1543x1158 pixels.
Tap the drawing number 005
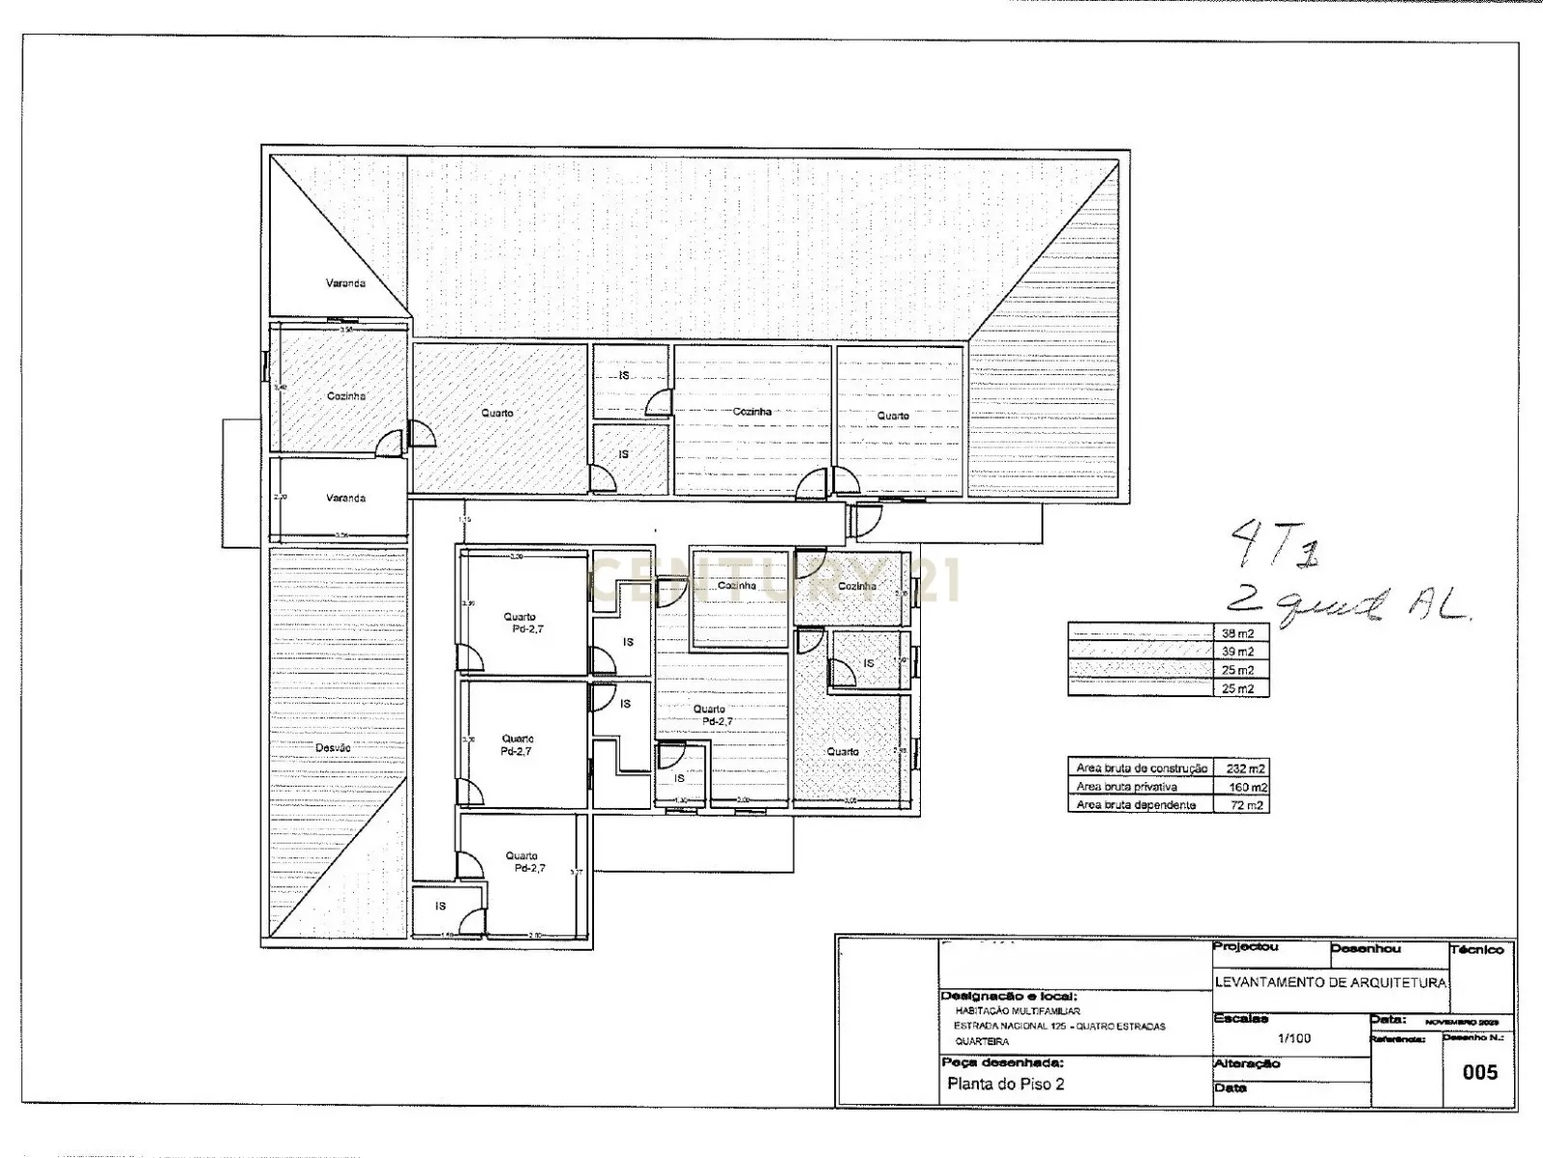click(1479, 1072)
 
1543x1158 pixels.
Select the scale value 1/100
click(1293, 1039)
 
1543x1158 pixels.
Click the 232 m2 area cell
click(1245, 768)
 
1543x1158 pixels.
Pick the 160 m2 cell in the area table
click(1245, 787)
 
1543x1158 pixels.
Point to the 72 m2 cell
click(1245, 804)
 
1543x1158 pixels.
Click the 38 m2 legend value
click(1238, 633)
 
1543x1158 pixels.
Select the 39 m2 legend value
click(1238, 652)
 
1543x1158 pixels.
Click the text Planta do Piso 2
click(1006, 1084)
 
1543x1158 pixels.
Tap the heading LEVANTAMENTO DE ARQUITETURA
click(1331, 983)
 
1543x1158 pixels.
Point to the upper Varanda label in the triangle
click(344, 283)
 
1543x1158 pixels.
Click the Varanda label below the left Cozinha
click(345, 498)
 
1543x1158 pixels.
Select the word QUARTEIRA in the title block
click(982, 1041)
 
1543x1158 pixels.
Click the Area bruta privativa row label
click(1126, 787)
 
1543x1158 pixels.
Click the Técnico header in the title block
click(1476, 950)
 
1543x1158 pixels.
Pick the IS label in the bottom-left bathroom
click(441, 906)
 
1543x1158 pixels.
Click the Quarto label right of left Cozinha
click(498, 413)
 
